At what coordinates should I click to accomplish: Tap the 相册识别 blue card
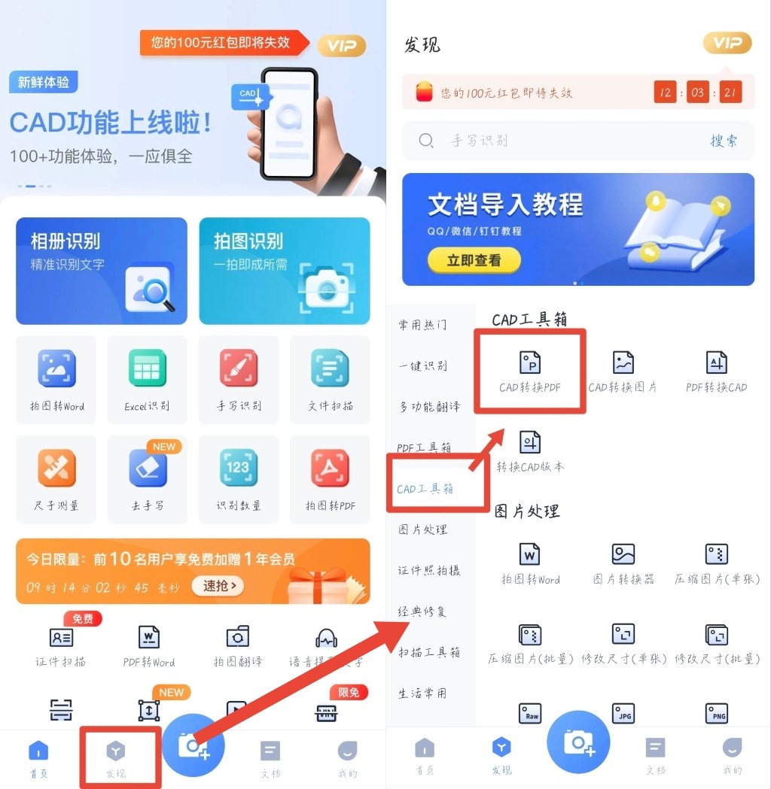coord(101,271)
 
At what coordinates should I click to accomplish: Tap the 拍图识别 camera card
coord(285,271)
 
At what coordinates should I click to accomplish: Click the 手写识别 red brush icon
coord(239,369)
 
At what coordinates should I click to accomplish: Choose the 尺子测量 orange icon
coord(56,468)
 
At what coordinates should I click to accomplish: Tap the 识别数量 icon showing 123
coord(239,468)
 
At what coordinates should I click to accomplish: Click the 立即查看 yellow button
coord(474,260)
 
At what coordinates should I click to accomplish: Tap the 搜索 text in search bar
coord(724,141)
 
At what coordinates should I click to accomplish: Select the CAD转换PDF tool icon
coord(530,363)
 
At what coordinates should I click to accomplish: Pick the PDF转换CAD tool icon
coord(716,363)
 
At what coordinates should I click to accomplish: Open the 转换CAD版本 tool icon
coord(530,442)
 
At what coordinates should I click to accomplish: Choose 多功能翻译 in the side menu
coord(429,407)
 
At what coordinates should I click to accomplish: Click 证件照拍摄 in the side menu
coord(429,571)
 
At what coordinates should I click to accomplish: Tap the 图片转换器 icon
coord(623,555)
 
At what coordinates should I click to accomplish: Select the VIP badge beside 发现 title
coord(727,44)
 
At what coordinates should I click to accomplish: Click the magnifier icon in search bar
coord(426,141)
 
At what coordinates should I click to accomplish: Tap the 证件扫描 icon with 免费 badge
coord(61,637)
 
